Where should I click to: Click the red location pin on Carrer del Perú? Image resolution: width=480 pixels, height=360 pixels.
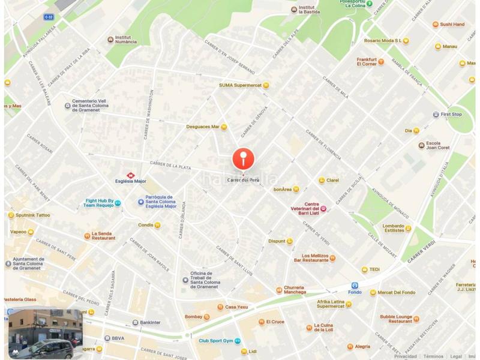coord(243,159)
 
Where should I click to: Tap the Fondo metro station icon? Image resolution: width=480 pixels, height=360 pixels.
coord(355,286)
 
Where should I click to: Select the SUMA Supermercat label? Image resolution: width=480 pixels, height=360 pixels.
coord(240,85)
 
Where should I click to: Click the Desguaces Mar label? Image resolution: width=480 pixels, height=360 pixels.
coord(203,127)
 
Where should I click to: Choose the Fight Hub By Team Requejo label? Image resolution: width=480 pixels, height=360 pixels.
coord(98,203)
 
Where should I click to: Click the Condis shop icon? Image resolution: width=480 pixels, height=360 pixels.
coord(157,226)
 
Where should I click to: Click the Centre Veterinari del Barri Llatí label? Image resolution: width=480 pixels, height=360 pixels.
coord(303,208)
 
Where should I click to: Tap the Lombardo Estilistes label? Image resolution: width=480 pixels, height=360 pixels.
coord(393,228)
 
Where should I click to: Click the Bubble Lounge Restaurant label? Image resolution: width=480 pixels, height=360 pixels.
coord(396,319)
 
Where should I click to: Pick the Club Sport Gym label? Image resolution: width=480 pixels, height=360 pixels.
coord(216,341)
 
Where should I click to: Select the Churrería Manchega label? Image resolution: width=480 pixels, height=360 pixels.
coord(295,290)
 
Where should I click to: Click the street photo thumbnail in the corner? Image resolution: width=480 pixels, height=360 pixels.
coord(45,333)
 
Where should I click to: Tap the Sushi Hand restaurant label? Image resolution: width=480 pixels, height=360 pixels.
coord(452,25)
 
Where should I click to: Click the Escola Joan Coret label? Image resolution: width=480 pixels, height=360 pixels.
coord(437,145)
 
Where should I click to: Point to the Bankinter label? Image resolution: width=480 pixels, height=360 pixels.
coord(150,322)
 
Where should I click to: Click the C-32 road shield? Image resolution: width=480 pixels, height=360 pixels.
coord(49,17)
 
